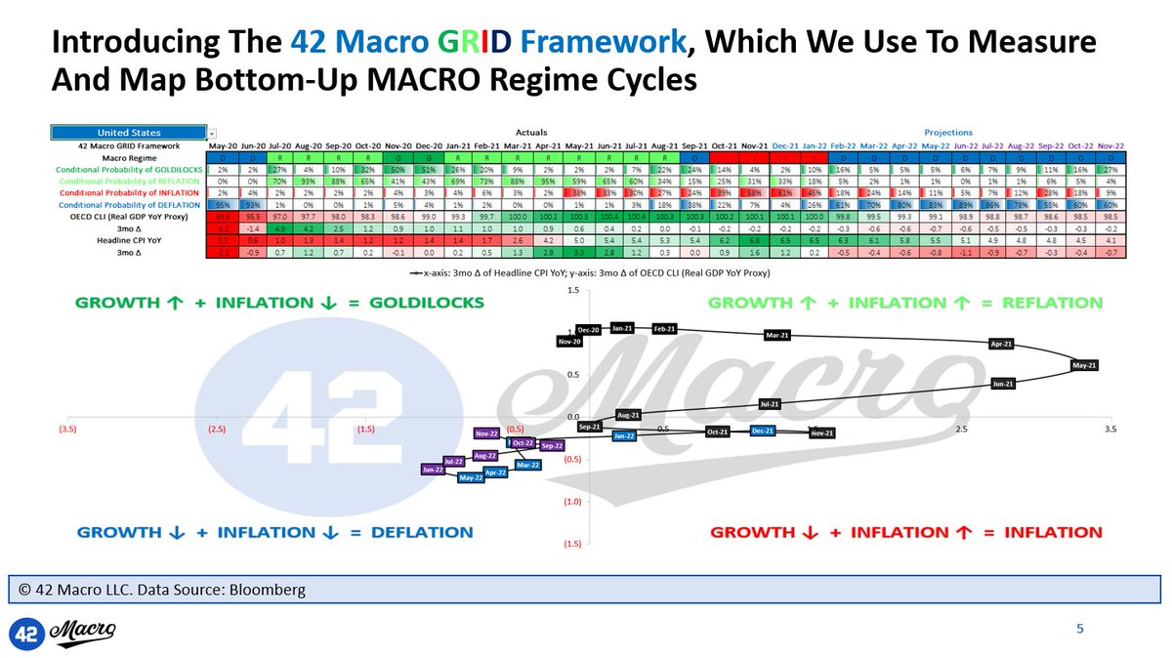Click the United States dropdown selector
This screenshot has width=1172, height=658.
click(129, 132)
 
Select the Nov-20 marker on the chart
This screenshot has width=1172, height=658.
click(570, 342)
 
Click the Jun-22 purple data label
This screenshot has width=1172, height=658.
click(434, 470)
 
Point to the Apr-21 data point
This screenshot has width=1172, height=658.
click(1002, 344)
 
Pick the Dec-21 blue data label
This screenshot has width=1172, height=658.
click(763, 431)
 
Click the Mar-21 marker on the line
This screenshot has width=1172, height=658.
click(777, 335)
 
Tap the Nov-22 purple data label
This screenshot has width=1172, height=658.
click(486, 432)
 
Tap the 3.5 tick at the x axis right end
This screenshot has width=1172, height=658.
click(1110, 429)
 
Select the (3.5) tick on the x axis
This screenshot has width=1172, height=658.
click(67, 429)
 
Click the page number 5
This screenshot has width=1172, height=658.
click(1079, 628)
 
